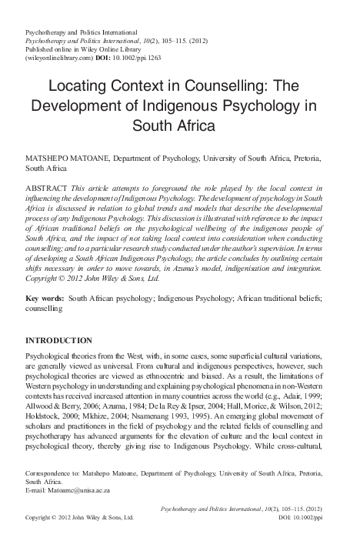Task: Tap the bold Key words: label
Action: click(x=45, y=297)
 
